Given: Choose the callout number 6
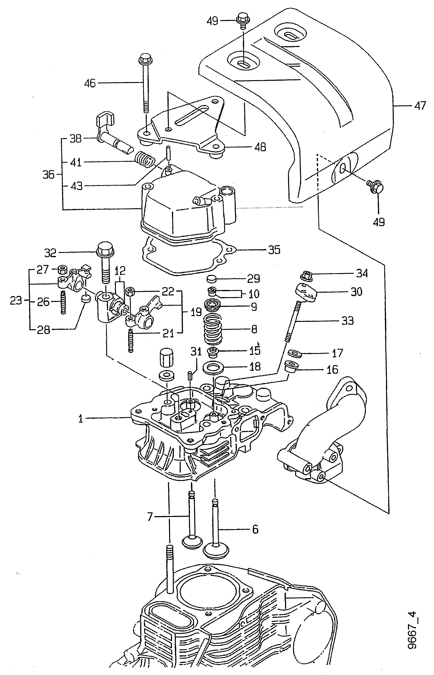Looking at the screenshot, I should click(x=255, y=529).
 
